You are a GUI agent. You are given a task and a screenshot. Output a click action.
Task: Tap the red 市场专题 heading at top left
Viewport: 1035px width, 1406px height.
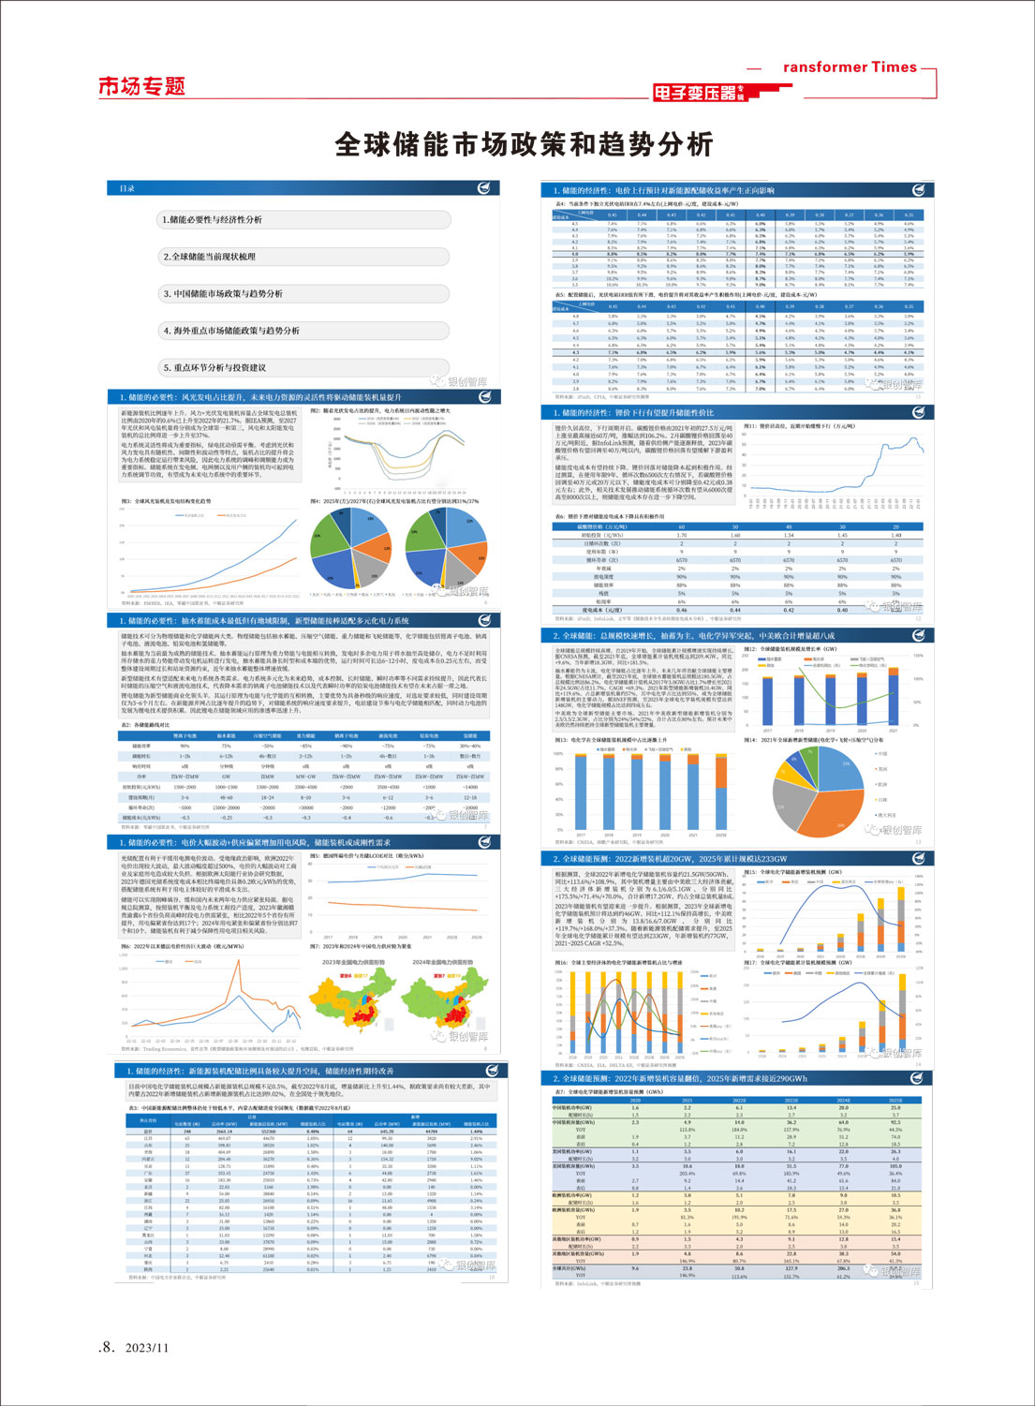click(142, 87)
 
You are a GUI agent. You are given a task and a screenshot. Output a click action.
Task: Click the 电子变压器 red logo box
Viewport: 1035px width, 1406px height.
click(695, 93)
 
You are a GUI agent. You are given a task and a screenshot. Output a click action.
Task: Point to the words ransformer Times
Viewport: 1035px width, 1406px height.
click(850, 67)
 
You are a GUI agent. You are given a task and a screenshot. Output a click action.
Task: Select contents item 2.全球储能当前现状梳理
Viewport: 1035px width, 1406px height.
click(210, 257)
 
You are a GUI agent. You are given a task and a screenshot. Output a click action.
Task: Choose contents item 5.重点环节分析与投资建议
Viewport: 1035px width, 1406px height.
click(214, 368)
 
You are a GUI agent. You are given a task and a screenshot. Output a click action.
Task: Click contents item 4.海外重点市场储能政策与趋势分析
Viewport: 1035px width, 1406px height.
click(231, 331)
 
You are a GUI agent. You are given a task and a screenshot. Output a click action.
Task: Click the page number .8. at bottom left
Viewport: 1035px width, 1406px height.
click(107, 1347)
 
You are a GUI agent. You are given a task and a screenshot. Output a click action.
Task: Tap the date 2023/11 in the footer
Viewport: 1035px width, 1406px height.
click(147, 1348)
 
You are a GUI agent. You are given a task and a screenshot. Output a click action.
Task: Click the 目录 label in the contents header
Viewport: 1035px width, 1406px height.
click(127, 188)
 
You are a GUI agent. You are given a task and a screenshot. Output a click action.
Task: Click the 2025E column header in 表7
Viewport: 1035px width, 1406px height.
click(895, 1101)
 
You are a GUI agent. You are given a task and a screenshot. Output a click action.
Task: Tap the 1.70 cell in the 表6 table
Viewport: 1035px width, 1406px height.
click(681, 535)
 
